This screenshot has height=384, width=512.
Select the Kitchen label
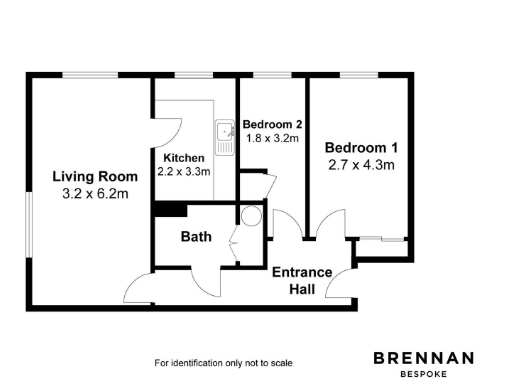point(184,158)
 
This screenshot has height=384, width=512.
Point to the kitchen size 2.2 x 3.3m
point(184,171)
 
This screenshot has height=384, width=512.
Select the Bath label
point(195,237)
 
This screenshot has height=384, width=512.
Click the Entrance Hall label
point(301,280)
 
